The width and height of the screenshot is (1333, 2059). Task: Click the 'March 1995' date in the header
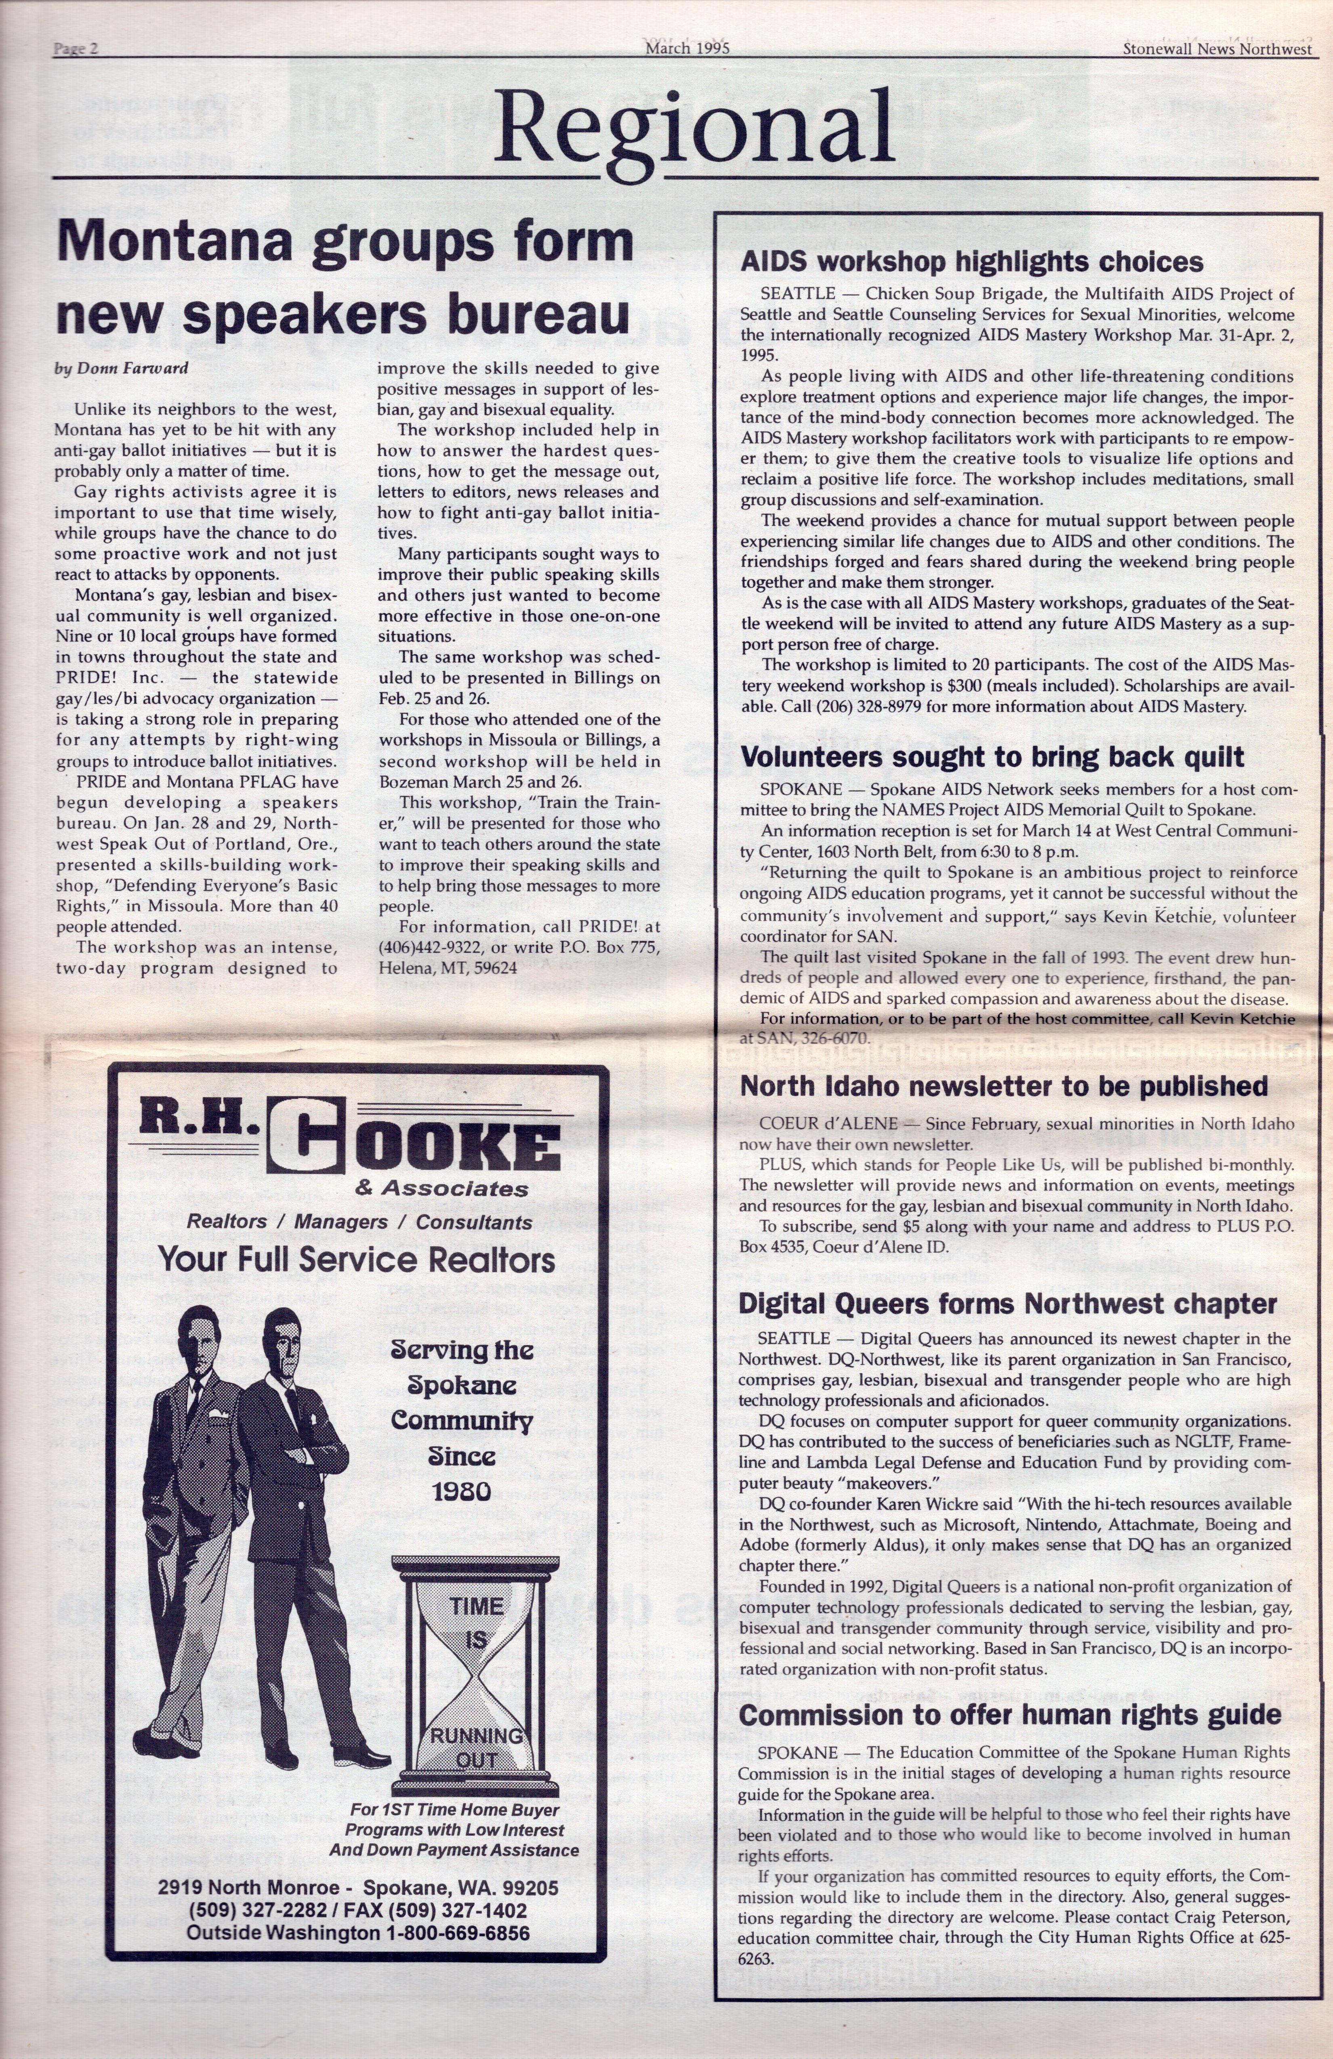click(x=686, y=48)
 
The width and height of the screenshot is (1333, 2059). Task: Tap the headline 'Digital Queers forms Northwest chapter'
click(x=1007, y=1304)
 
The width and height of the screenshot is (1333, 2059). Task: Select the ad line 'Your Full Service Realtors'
click(x=357, y=1260)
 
